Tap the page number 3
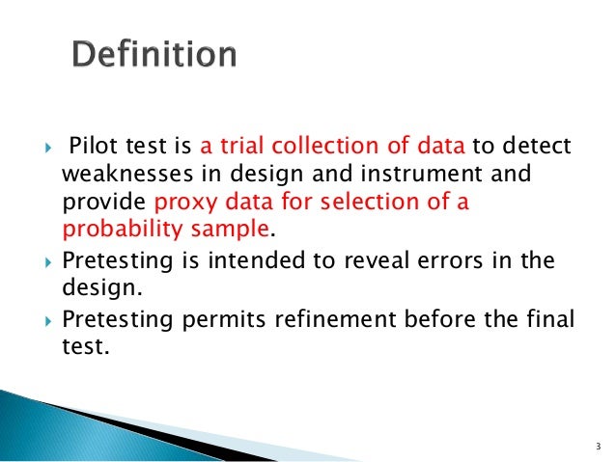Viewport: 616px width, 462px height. [598, 446]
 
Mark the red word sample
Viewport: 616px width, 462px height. [232, 231]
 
